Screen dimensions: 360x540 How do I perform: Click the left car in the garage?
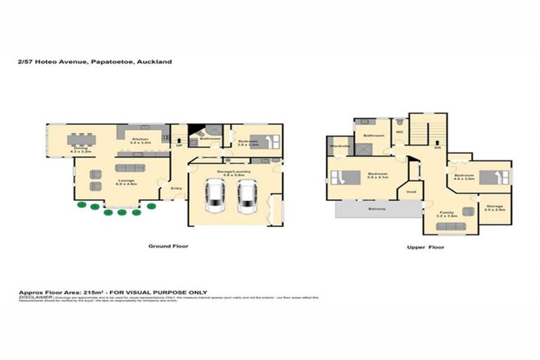[214, 196]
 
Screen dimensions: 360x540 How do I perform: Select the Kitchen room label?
[141, 140]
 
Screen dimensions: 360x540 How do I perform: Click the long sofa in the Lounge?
[127, 167]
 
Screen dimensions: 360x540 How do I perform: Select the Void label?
[411, 191]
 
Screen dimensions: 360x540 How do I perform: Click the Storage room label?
[495, 206]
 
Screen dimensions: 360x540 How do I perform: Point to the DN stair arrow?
[437, 148]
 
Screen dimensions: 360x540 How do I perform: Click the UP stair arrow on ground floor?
[179, 144]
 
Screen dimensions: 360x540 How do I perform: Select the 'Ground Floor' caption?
[167, 246]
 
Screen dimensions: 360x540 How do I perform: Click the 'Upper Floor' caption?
[426, 247]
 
